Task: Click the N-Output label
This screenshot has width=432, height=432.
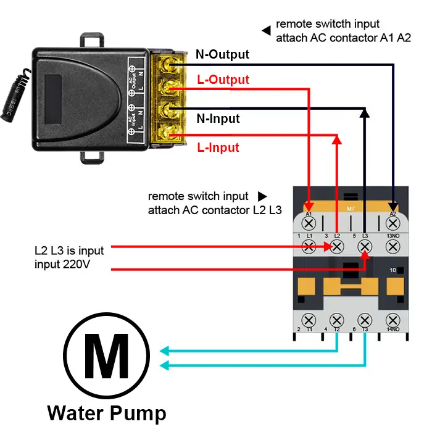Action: (222, 55)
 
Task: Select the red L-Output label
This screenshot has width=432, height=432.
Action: (223, 80)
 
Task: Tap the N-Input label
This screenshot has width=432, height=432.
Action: (218, 118)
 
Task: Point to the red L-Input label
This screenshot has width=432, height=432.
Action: (218, 147)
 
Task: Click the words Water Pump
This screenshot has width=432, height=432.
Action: (106, 413)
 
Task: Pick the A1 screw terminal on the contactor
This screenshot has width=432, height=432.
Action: (310, 223)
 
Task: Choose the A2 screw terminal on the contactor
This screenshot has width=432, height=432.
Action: (393, 223)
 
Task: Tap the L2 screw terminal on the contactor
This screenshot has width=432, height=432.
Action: (337, 247)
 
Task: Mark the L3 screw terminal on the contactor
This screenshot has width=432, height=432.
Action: (365, 247)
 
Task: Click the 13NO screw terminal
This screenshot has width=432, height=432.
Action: (393, 247)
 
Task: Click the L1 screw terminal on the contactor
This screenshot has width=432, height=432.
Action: (310, 247)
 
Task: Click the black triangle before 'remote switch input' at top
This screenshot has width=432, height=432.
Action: (266, 29)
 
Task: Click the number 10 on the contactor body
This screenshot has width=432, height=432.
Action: (393, 270)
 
